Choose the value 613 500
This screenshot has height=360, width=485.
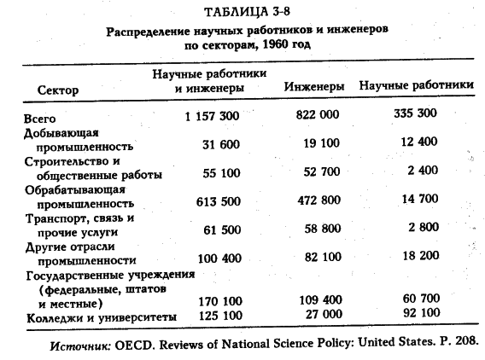point(219,202)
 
